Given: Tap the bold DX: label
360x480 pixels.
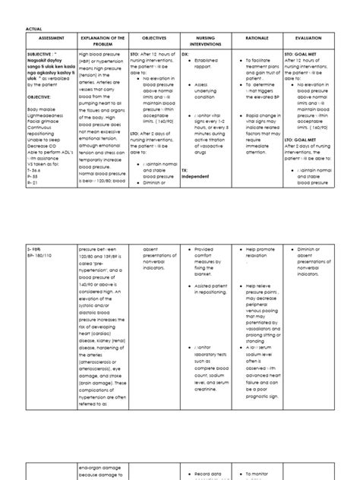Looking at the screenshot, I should click(185, 55).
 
